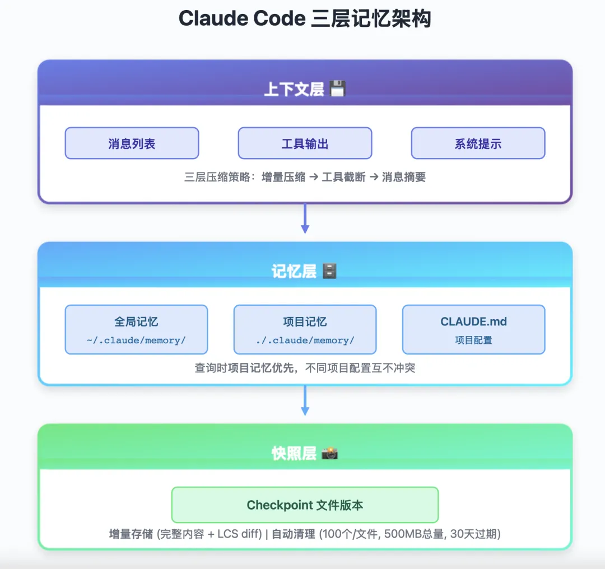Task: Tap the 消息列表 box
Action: [132, 143]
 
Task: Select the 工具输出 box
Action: [305, 143]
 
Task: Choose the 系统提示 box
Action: [478, 143]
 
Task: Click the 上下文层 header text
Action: [294, 89]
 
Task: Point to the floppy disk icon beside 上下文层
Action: [337, 88]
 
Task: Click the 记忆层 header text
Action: [294, 272]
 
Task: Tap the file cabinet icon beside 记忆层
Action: [329, 272]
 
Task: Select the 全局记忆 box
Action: [136, 329]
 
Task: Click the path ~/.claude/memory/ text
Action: [136, 341]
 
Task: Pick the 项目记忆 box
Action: [305, 329]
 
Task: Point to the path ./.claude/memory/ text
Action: [305, 341]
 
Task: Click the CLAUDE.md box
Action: [473, 329]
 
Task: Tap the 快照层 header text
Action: [294, 453]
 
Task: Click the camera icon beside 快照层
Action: [329, 453]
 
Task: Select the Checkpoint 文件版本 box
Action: [305, 505]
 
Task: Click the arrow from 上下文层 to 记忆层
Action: [305, 219]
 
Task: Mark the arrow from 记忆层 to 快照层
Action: [305, 401]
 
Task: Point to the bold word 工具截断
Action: [343, 177]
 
